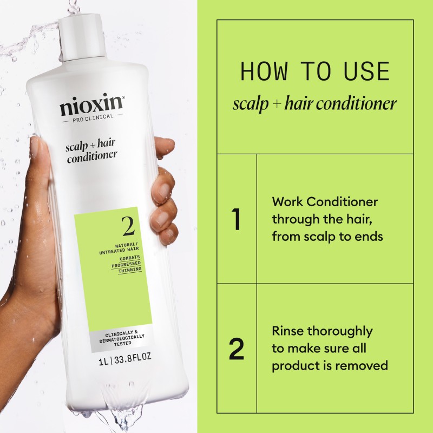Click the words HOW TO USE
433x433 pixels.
pos(314,72)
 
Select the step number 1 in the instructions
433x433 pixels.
pos(236,219)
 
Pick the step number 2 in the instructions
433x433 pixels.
pos(237,349)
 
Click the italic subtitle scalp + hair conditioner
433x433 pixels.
pos(314,103)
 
